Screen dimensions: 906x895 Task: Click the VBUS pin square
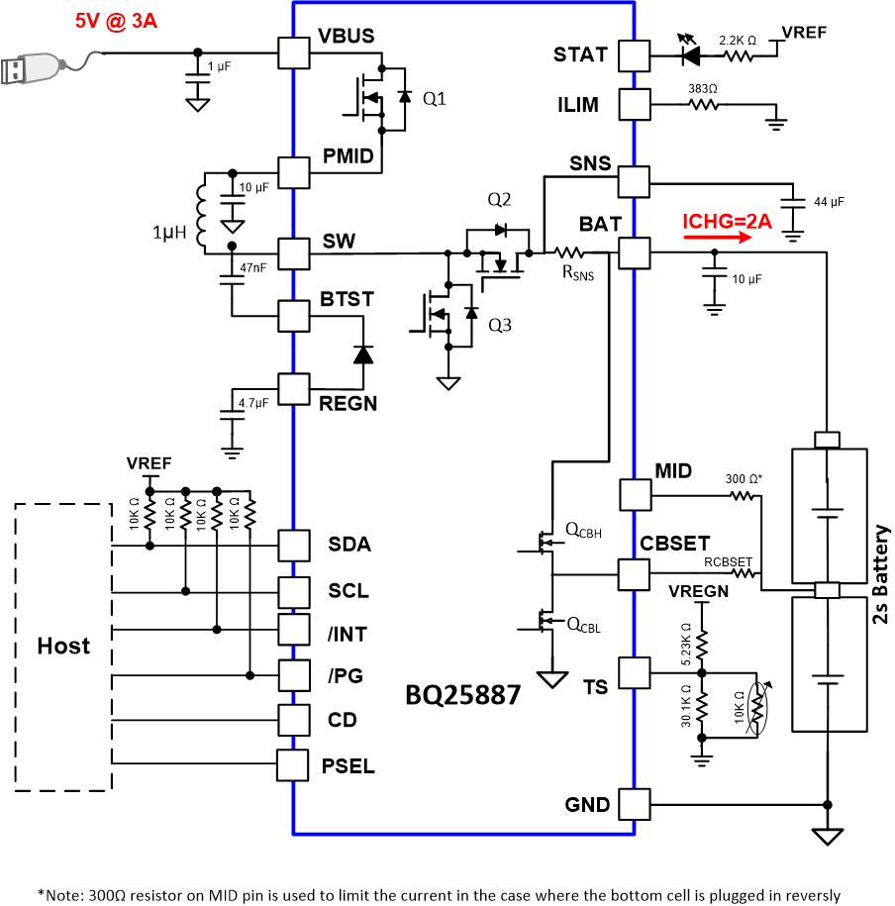click(x=293, y=52)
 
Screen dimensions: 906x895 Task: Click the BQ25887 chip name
click(x=462, y=695)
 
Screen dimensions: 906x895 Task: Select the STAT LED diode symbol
click(x=689, y=54)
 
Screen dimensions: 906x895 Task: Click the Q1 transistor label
click(x=435, y=99)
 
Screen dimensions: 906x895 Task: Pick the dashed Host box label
click(x=63, y=647)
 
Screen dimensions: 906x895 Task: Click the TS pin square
click(x=634, y=671)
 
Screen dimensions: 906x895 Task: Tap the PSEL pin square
click(x=293, y=764)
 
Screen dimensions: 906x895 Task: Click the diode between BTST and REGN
click(x=363, y=353)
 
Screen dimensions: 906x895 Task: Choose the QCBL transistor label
click(x=583, y=625)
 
